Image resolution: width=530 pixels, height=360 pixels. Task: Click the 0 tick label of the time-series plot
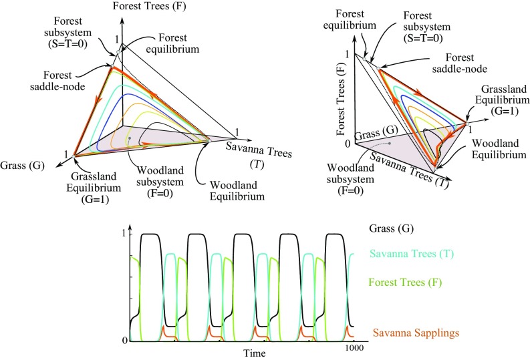tap(125, 341)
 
